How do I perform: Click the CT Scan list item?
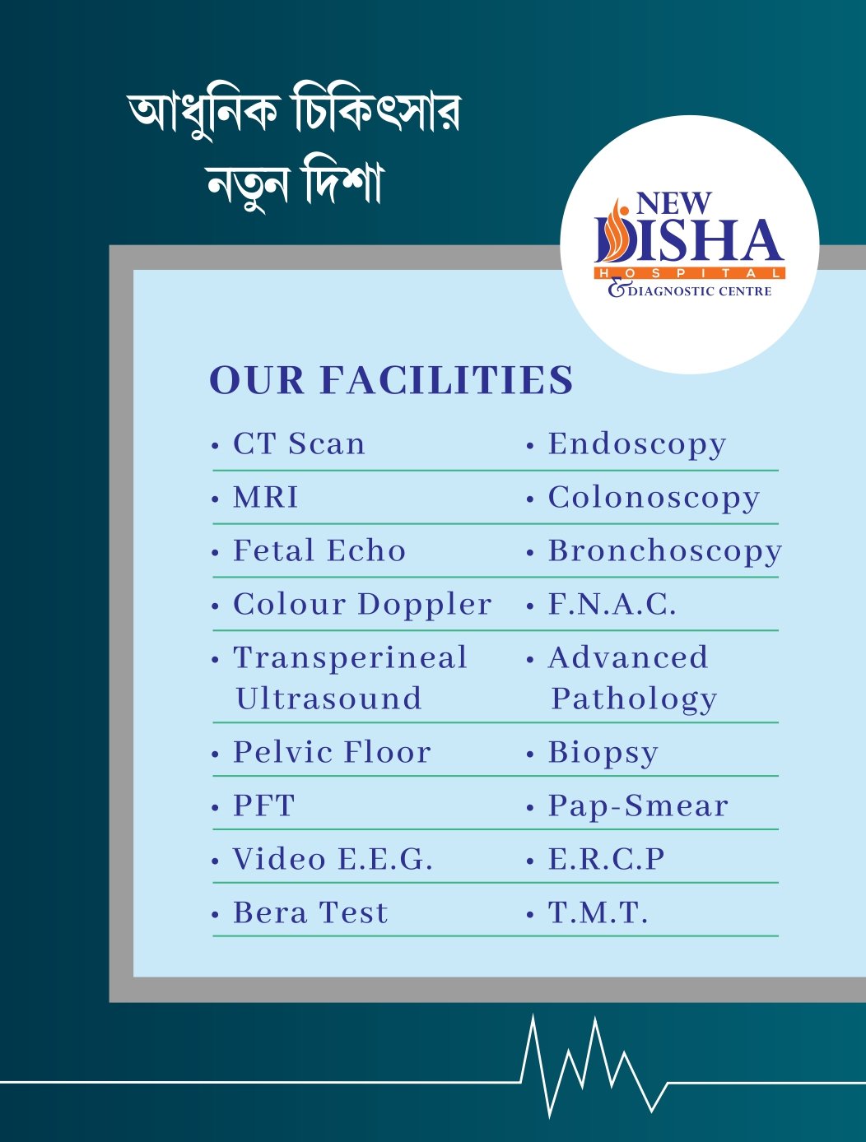click(299, 444)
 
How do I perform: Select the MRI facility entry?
click(266, 498)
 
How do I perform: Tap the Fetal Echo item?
click(319, 551)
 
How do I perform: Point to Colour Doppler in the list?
click(362, 605)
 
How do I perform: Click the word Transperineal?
click(351, 658)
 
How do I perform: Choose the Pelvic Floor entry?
click(332, 753)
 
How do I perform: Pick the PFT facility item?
click(263, 806)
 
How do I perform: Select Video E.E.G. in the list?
click(333, 860)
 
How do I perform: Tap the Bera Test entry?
click(310, 913)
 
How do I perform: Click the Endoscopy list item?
click(637, 444)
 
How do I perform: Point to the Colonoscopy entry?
click(654, 499)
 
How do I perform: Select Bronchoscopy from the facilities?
click(665, 552)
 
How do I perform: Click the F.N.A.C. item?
click(612, 605)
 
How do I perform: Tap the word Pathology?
click(634, 699)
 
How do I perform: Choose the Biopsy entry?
click(603, 754)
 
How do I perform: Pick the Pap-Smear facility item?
click(639, 806)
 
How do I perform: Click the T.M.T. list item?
click(598, 913)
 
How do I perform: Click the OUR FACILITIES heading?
click(391, 380)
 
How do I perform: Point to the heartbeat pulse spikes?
click(593, 1065)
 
